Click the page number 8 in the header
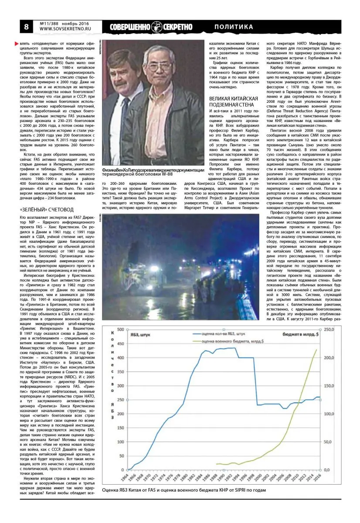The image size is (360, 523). tap(27, 27)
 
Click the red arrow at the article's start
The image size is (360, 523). tap(17, 44)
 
